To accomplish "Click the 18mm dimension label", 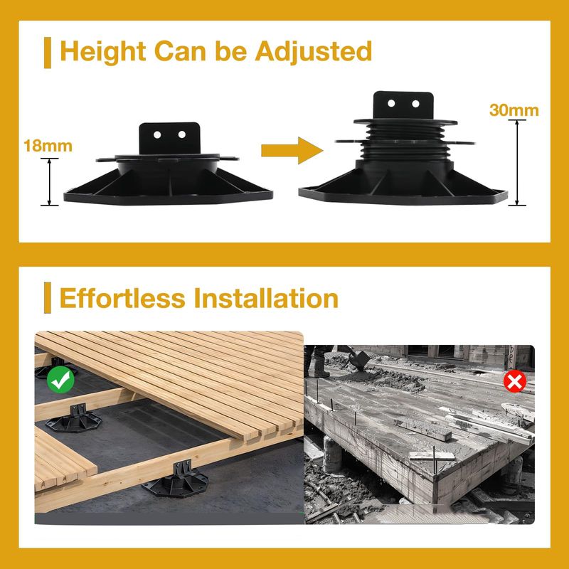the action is (x=48, y=146).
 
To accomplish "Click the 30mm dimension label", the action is (x=514, y=110).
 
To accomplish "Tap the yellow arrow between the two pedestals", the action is (x=292, y=150).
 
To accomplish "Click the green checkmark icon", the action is (x=60, y=380).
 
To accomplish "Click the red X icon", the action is (x=514, y=381).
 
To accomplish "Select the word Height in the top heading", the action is (x=103, y=51).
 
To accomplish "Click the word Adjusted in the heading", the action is (x=314, y=51).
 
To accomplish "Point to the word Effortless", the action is (x=122, y=298).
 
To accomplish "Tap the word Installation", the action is (x=266, y=298).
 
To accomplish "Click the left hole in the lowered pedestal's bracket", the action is (x=157, y=134).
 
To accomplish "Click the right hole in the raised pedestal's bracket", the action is (x=415, y=104).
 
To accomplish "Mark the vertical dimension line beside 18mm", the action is (x=49, y=182).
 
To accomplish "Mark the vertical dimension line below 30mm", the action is (x=517, y=163).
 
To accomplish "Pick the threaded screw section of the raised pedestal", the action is (x=405, y=142).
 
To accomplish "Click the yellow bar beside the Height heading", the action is (x=48, y=53).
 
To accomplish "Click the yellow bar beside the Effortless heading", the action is (x=48, y=297).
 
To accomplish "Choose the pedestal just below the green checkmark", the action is (x=74, y=418).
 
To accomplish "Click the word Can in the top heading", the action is (x=181, y=51).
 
